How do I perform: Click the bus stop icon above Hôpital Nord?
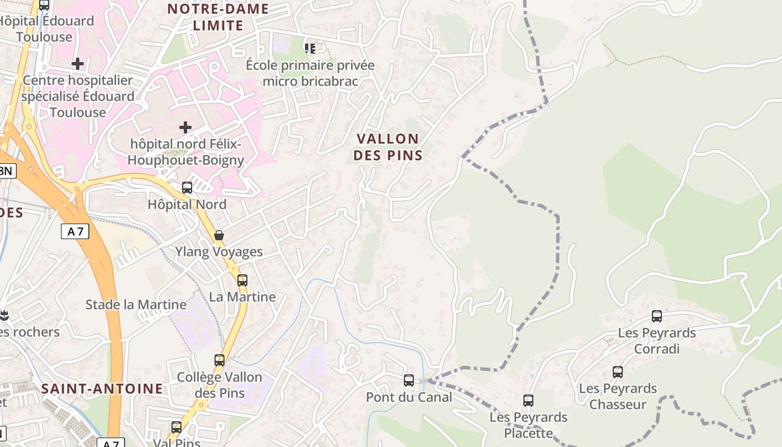point(187,188)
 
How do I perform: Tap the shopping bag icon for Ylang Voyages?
point(219,235)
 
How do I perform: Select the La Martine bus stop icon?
point(242,280)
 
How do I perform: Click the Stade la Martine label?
point(136,305)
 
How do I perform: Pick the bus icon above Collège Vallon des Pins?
point(220,360)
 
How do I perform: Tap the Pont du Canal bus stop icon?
point(409,381)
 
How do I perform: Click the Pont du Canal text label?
point(409,397)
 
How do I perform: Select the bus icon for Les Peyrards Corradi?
point(657,316)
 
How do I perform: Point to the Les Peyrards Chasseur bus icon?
point(618,372)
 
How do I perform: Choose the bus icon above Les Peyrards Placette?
point(528,401)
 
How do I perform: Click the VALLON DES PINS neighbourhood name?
point(388,147)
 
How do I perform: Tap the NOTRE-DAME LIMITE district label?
point(218,17)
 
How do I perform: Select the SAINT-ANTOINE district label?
point(102,388)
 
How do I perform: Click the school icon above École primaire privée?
point(310,49)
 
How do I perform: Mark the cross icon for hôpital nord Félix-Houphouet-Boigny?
point(185,127)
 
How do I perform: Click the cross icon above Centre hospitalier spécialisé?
point(78,64)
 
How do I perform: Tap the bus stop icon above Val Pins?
point(177,427)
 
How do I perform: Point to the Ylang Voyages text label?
point(219,252)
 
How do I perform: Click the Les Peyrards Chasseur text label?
point(618,396)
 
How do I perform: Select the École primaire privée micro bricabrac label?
point(310,73)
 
